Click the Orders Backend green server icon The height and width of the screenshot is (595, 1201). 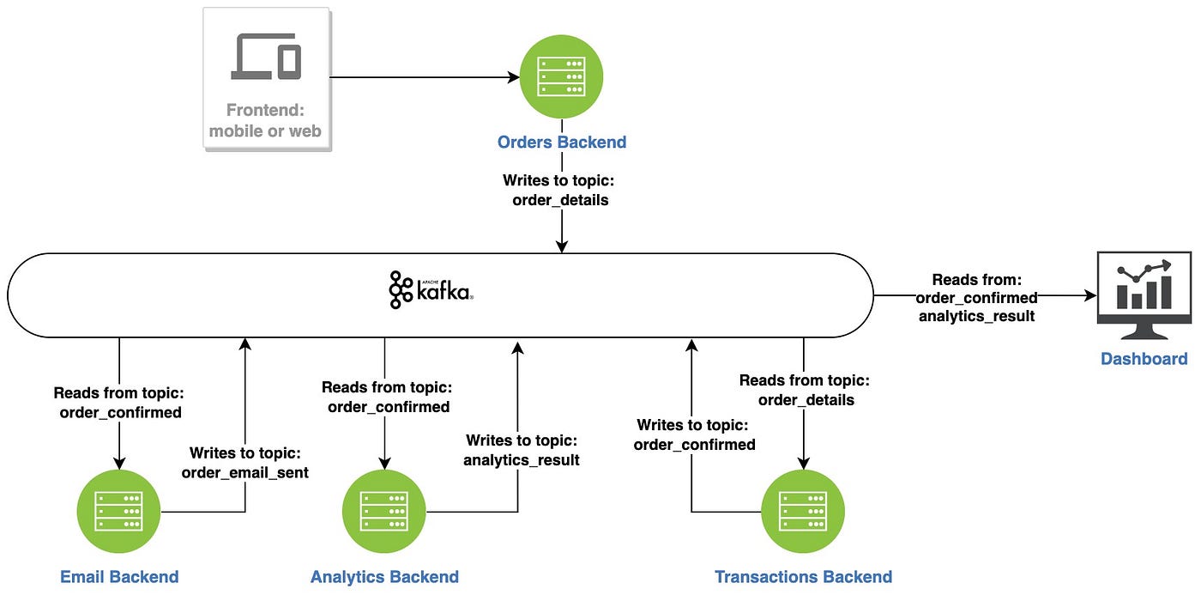tap(561, 76)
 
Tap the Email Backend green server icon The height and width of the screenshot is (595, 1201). tap(119, 512)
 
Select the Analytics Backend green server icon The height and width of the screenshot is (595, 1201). tap(384, 512)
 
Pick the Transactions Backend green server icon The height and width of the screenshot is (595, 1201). tap(803, 512)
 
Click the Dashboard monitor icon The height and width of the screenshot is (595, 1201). tap(1144, 295)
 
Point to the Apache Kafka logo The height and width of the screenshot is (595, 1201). tap(431, 289)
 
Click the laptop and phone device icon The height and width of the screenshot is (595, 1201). tap(266, 57)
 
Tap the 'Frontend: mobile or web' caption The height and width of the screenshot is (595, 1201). tap(265, 120)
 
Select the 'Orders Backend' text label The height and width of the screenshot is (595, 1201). tap(562, 143)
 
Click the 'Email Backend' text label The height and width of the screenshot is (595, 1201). tap(119, 577)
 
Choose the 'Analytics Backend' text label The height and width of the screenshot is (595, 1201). tap(384, 577)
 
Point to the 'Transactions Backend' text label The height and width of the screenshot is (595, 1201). tap(803, 577)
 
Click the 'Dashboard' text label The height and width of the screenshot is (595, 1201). tap(1144, 358)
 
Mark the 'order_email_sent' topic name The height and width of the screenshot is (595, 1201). tap(245, 473)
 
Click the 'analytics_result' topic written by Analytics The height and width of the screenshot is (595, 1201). tap(522, 460)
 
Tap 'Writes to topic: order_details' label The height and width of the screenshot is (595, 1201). tap(559, 190)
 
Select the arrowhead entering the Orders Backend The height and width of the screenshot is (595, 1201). tap(514, 77)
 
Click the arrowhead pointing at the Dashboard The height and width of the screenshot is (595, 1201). tap(1090, 295)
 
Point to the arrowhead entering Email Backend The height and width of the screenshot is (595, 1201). tap(119, 464)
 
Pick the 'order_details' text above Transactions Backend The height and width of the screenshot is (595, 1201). tap(806, 400)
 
